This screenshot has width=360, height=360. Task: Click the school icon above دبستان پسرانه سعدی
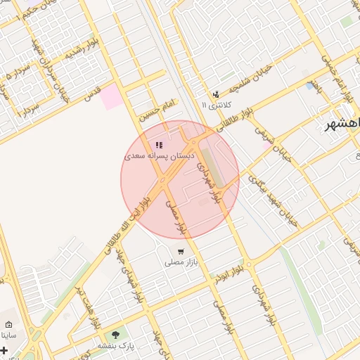click(159, 145)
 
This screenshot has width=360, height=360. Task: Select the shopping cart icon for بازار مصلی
click(181, 251)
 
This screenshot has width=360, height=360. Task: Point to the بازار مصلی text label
click(179, 262)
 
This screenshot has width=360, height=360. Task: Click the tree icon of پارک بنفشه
click(115, 335)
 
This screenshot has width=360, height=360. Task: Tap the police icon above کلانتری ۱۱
click(217, 94)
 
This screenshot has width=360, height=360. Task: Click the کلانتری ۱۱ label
click(217, 105)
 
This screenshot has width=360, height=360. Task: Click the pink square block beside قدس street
click(111, 96)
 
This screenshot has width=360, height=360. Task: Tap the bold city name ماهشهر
click(342, 124)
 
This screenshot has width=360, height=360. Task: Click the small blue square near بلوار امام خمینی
click(310, 86)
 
